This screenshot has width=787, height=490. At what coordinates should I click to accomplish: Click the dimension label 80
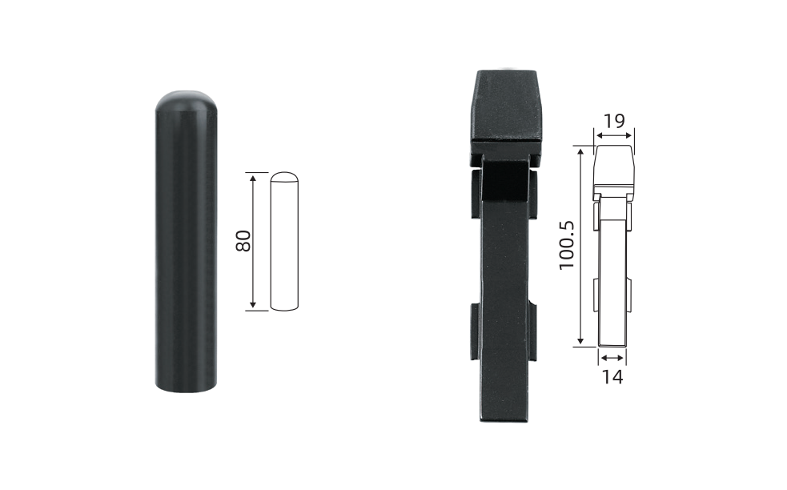(x=243, y=241)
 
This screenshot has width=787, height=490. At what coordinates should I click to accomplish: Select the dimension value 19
(x=614, y=121)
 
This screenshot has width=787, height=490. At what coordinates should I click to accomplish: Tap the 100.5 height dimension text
(x=567, y=245)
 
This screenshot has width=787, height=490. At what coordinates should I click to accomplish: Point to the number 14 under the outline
(x=612, y=376)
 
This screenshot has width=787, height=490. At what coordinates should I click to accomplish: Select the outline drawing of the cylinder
(x=284, y=242)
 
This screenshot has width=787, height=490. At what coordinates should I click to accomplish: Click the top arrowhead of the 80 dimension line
(x=253, y=178)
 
